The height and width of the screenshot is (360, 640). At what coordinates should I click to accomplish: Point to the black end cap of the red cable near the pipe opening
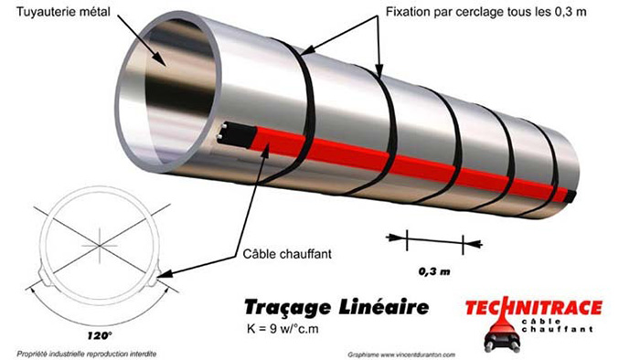click(229, 134)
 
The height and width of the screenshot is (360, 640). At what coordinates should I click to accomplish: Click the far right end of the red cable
click(572, 196)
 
